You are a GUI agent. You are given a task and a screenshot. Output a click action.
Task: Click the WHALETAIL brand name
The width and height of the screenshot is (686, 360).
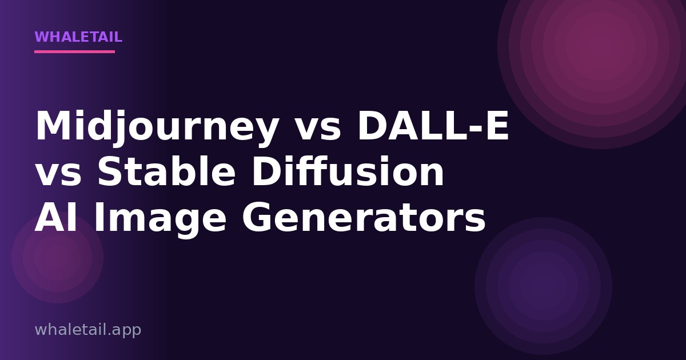[x=78, y=37]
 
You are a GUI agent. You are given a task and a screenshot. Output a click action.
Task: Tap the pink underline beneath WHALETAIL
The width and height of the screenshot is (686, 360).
[x=74, y=52]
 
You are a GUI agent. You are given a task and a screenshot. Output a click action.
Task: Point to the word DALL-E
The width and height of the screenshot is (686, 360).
[x=433, y=126]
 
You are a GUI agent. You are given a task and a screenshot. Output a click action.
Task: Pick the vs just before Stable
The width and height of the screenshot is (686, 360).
[x=58, y=175]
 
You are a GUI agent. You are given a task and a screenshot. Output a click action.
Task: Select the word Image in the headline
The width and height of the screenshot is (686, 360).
[x=161, y=220]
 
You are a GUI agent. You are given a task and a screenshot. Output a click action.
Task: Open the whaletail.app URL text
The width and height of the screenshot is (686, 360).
[x=88, y=330]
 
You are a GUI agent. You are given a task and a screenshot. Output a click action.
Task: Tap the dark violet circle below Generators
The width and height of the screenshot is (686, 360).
[x=543, y=286]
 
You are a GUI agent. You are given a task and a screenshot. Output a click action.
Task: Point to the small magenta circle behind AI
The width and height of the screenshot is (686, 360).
[x=57, y=258]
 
